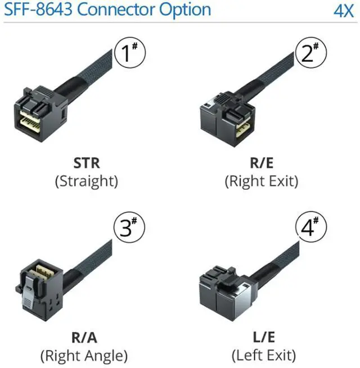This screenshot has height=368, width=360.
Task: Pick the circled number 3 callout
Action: click(x=129, y=228)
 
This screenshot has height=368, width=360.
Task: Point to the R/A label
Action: click(x=84, y=338)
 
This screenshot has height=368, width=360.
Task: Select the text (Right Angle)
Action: click(x=84, y=355)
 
